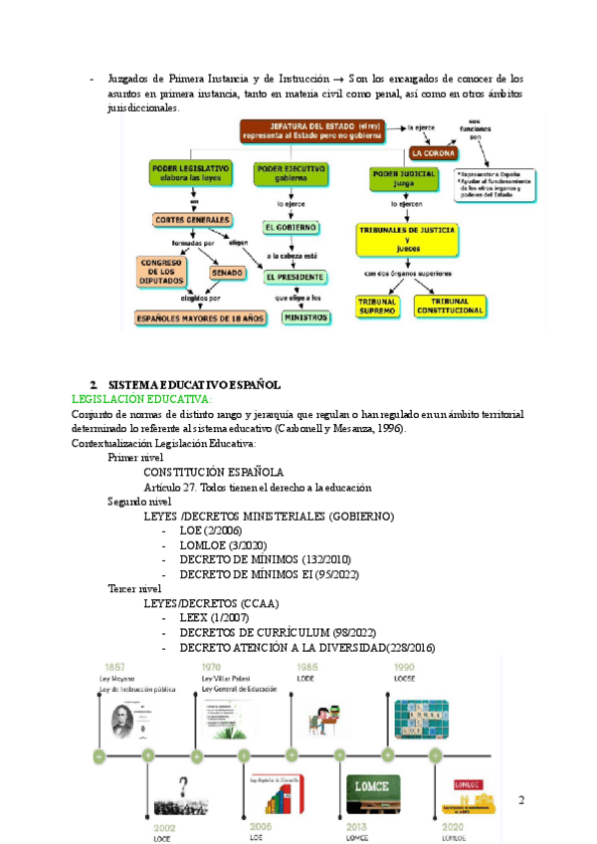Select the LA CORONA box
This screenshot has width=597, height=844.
[x=435, y=153]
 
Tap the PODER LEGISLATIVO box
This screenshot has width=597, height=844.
[x=191, y=173]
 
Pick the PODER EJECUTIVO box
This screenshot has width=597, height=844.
[x=290, y=173]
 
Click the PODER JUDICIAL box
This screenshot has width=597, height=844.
[x=404, y=177]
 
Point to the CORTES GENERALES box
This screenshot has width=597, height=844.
[x=192, y=219]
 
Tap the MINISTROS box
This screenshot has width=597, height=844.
[x=304, y=317]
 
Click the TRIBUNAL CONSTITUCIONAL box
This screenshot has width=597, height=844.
[x=449, y=306]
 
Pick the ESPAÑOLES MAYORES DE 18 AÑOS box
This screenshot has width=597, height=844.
[x=201, y=318]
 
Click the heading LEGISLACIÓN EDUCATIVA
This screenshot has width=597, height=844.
[x=142, y=398]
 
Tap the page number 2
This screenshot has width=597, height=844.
[x=521, y=800]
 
